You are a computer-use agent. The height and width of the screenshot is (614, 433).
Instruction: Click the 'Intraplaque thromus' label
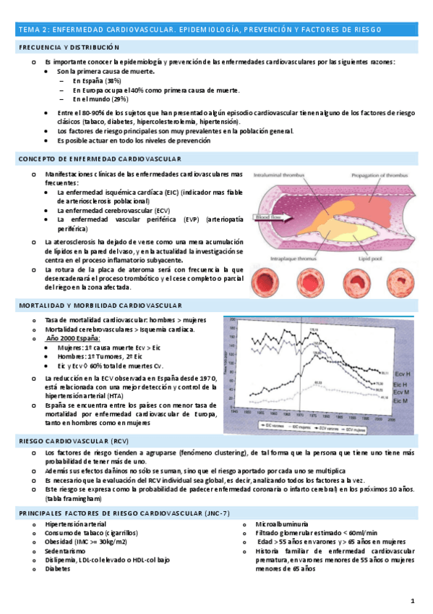(290, 255)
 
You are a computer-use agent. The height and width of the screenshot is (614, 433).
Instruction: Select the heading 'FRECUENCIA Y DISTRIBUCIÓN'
(68, 47)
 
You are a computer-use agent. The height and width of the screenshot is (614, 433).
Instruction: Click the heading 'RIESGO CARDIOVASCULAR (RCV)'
(67, 440)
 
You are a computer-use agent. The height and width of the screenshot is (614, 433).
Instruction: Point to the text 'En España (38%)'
(97, 82)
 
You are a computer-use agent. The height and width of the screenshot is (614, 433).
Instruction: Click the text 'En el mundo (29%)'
(100, 99)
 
